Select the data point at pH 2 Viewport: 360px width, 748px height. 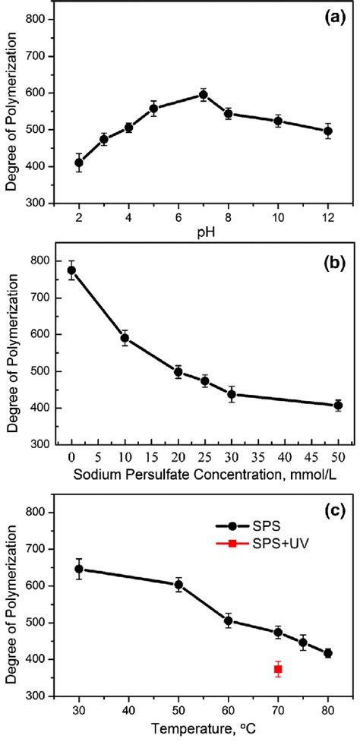[78, 163]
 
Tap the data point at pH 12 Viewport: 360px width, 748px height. [328, 131]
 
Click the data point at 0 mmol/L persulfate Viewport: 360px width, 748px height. [71, 270]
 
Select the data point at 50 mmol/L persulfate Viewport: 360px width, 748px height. [338, 406]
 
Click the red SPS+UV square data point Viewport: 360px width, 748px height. [278, 668]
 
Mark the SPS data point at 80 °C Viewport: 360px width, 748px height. [328, 653]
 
